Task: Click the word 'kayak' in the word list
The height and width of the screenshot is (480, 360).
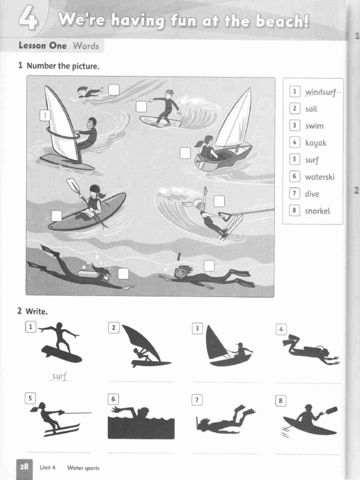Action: (315, 143)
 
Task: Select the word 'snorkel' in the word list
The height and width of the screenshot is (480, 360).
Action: (317, 211)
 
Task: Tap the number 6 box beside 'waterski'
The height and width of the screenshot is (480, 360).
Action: (294, 177)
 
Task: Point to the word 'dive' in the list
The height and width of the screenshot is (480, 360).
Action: (312, 194)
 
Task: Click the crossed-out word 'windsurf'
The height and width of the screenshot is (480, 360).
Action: (321, 92)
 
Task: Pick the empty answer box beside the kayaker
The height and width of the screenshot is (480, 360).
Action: (56, 216)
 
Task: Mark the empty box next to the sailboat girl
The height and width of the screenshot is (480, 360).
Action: (185, 153)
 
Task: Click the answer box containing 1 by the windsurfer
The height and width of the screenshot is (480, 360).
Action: (45, 115)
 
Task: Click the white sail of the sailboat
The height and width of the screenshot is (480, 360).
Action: (237, 122)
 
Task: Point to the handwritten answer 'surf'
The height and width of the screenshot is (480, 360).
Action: (60, 376)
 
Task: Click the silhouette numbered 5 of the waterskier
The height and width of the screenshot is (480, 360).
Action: (54, 418)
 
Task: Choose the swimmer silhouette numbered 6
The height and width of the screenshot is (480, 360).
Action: (141, 422)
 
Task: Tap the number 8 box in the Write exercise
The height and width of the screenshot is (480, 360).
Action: (281, 401)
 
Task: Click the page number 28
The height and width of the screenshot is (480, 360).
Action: (24, 467)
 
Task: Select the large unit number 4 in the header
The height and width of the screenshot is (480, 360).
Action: (29, 20)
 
